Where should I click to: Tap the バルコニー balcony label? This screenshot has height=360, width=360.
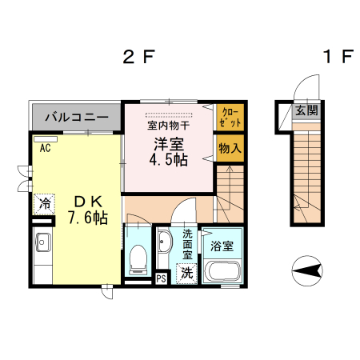76,117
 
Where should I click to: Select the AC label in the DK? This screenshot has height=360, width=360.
44,148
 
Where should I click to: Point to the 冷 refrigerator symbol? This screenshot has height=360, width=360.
45,204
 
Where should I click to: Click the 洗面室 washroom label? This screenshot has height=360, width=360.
186,243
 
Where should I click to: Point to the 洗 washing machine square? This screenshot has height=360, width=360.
186,272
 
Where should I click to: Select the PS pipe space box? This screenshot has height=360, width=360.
161,278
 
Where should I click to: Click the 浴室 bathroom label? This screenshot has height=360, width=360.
222,246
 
